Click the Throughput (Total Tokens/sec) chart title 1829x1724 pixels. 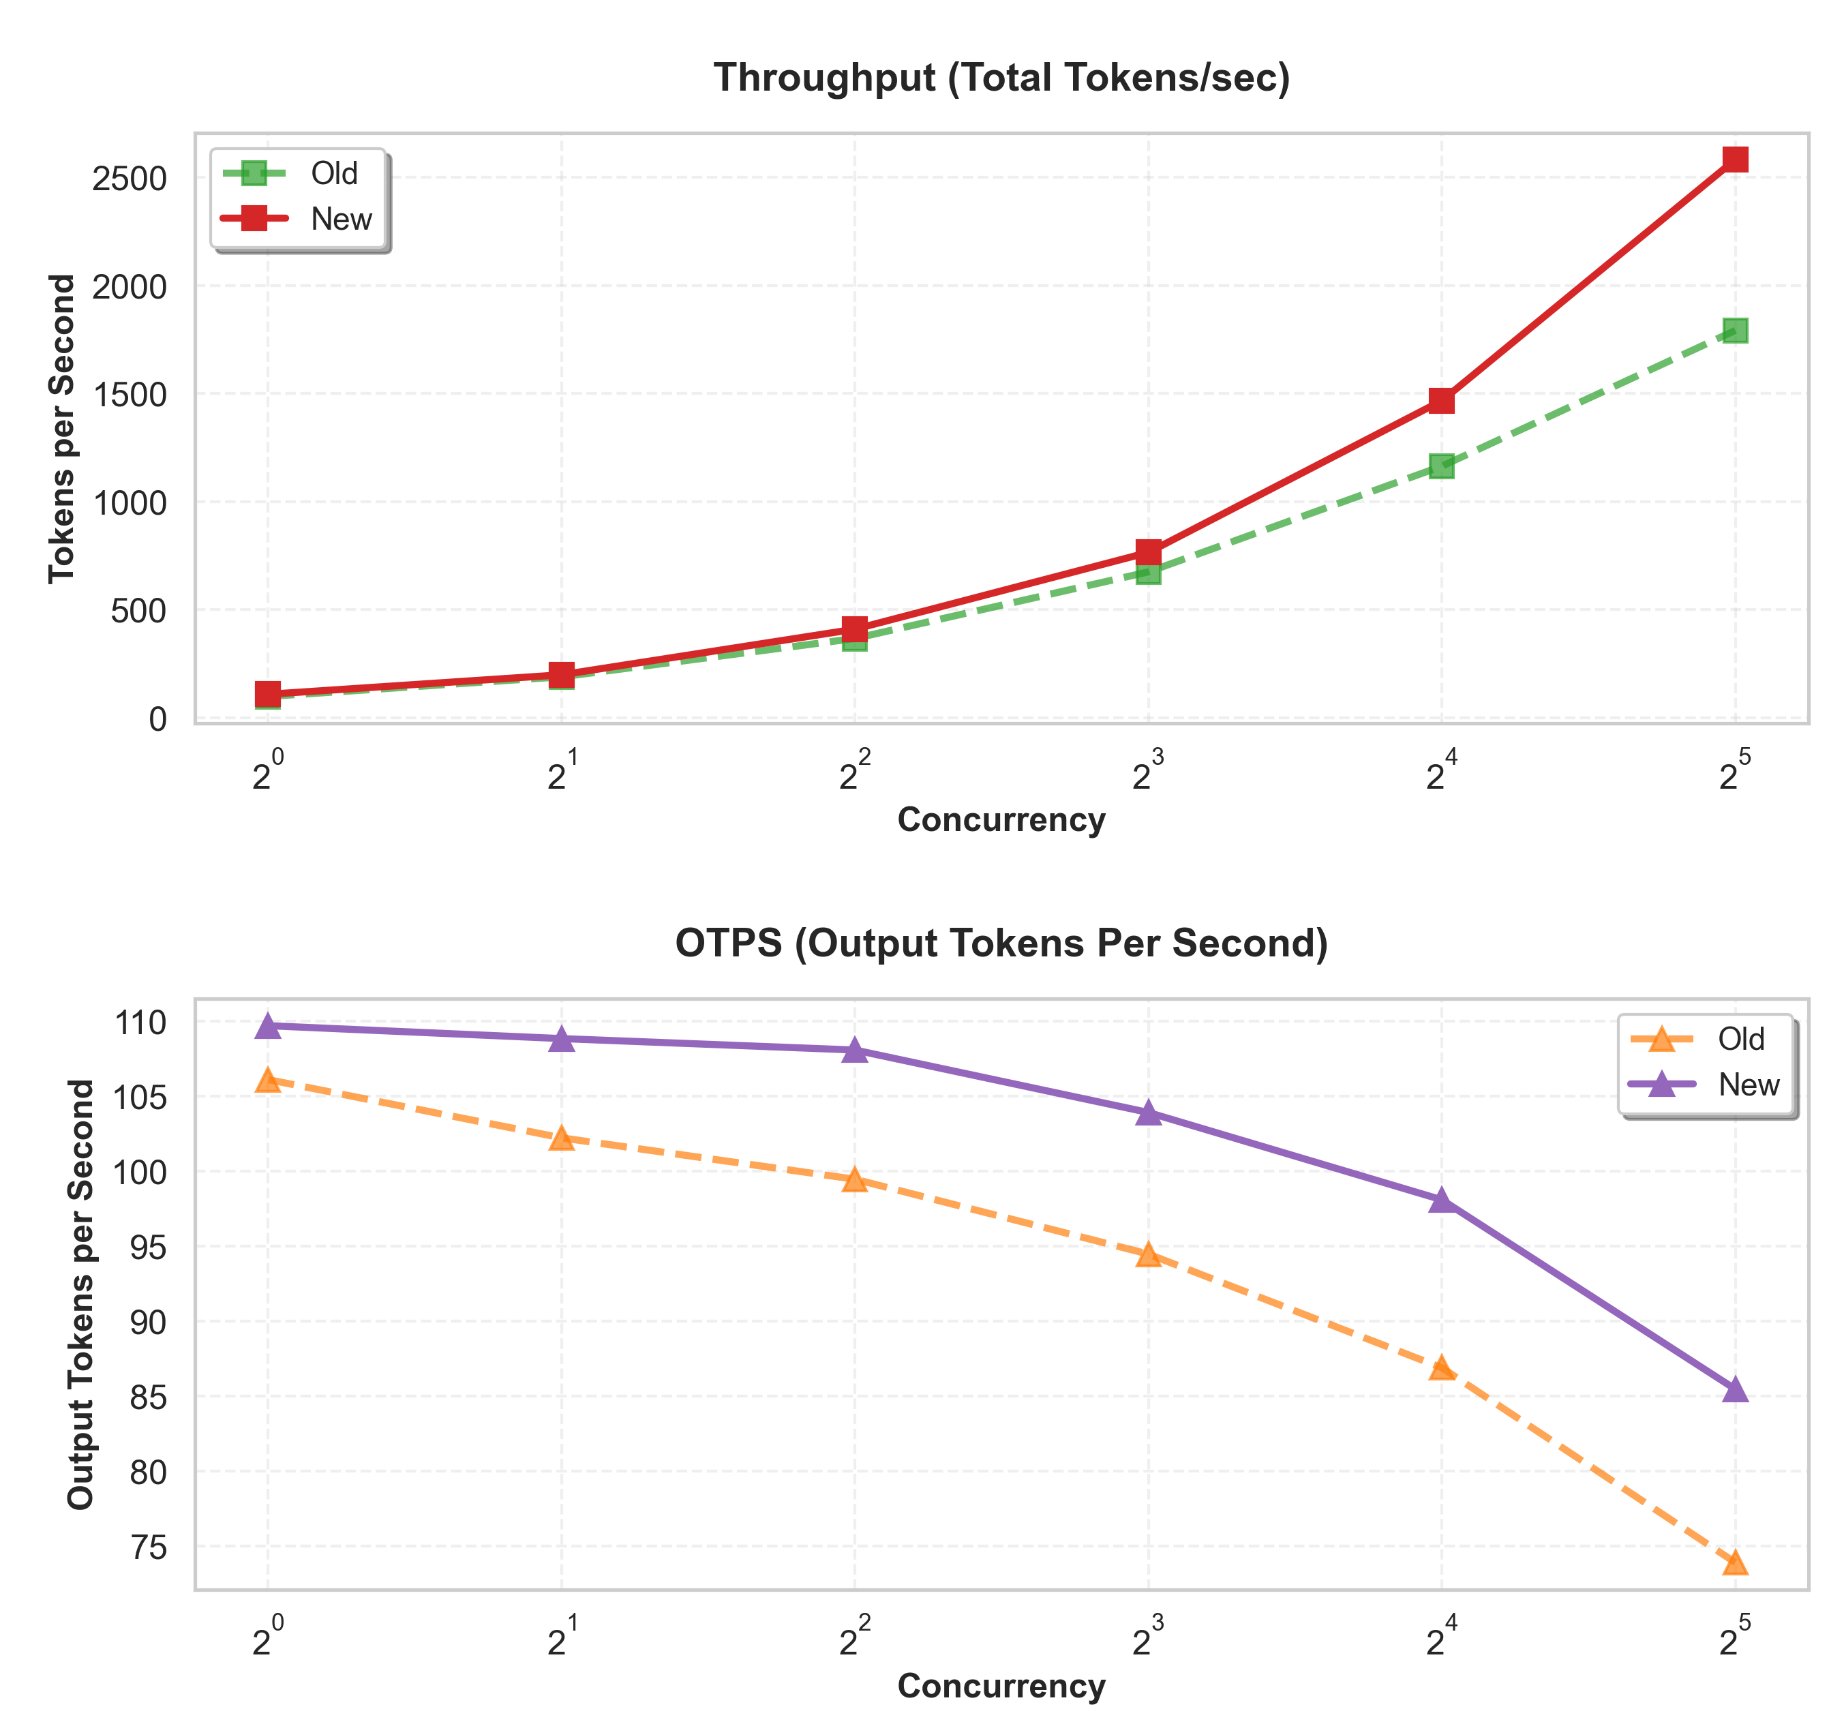[1001, 78]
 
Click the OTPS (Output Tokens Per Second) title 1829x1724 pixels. [1001, 944]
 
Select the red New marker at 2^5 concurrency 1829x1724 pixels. [1734, 159]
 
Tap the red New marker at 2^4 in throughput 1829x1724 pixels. [1440, 400]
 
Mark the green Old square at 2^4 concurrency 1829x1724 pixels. [1440, 466]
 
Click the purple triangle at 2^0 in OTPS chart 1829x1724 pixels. [268, 1027]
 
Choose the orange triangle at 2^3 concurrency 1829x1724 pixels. [1147, 1256]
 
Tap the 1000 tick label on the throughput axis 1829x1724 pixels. [129, 503]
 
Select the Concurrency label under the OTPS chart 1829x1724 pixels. [1001, 1687]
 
